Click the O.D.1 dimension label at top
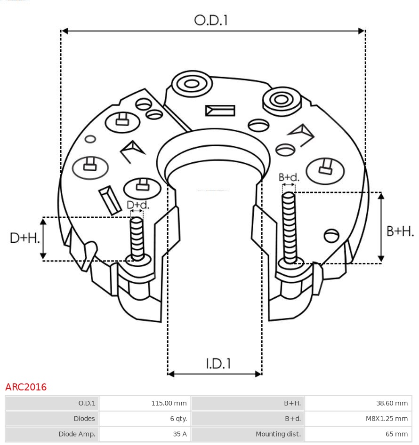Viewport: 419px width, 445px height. pyautogui.click(x=211, y=20)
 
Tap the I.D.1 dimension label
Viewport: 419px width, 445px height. pyautogui.click(x=218, y=364)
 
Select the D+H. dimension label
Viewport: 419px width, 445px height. pyautogui.click(x=24, y=238)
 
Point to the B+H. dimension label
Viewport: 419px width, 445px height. pyautogui.click(x=400, y=231)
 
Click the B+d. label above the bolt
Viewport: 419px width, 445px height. pyautogui.click(x=289, y=177)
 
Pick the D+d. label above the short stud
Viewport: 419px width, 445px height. pyautogui.click(x=138, y=205)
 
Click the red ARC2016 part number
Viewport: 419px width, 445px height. pyautogui.click(x=26, y=387)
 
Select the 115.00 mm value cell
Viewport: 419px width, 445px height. pyautogui.click(x=169, y=403)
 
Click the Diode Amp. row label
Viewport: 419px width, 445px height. pyautogui.click(x=77, y=434)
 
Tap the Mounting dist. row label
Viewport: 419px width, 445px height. pyautogui.click(x=278, y=434)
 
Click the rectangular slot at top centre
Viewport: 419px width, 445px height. pyautogui.click(x=220, y=111)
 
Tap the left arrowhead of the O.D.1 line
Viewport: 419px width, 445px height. pyautogui.click(x=65, y=31)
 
